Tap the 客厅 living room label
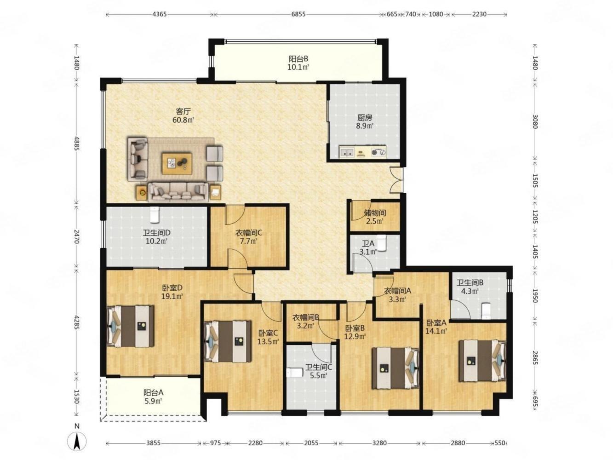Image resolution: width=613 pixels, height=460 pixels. (183, 111)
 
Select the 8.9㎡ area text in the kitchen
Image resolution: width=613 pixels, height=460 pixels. (365, 126)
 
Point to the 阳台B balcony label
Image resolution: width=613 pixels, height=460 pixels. (298, 59)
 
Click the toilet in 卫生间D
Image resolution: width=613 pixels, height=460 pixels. (154, 214)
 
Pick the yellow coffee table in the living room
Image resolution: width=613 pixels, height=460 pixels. (177, 163)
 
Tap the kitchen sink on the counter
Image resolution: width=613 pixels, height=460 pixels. (347, 152)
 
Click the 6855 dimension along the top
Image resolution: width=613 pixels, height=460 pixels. (298, 14)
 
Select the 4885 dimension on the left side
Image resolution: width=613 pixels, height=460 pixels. (77, 144)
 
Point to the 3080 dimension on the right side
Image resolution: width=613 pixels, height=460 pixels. (535, 121)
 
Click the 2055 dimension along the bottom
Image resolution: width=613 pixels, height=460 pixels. (311, 443)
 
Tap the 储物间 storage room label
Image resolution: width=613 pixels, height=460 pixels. (375, 213)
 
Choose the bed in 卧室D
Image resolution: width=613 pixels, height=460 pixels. (131, 326)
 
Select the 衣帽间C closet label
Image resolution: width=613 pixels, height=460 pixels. (248, 232)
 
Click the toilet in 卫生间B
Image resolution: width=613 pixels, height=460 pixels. (486, 311)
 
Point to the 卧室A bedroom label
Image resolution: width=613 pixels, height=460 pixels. (436, 323)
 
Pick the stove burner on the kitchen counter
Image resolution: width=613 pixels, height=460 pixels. (378, 152)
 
